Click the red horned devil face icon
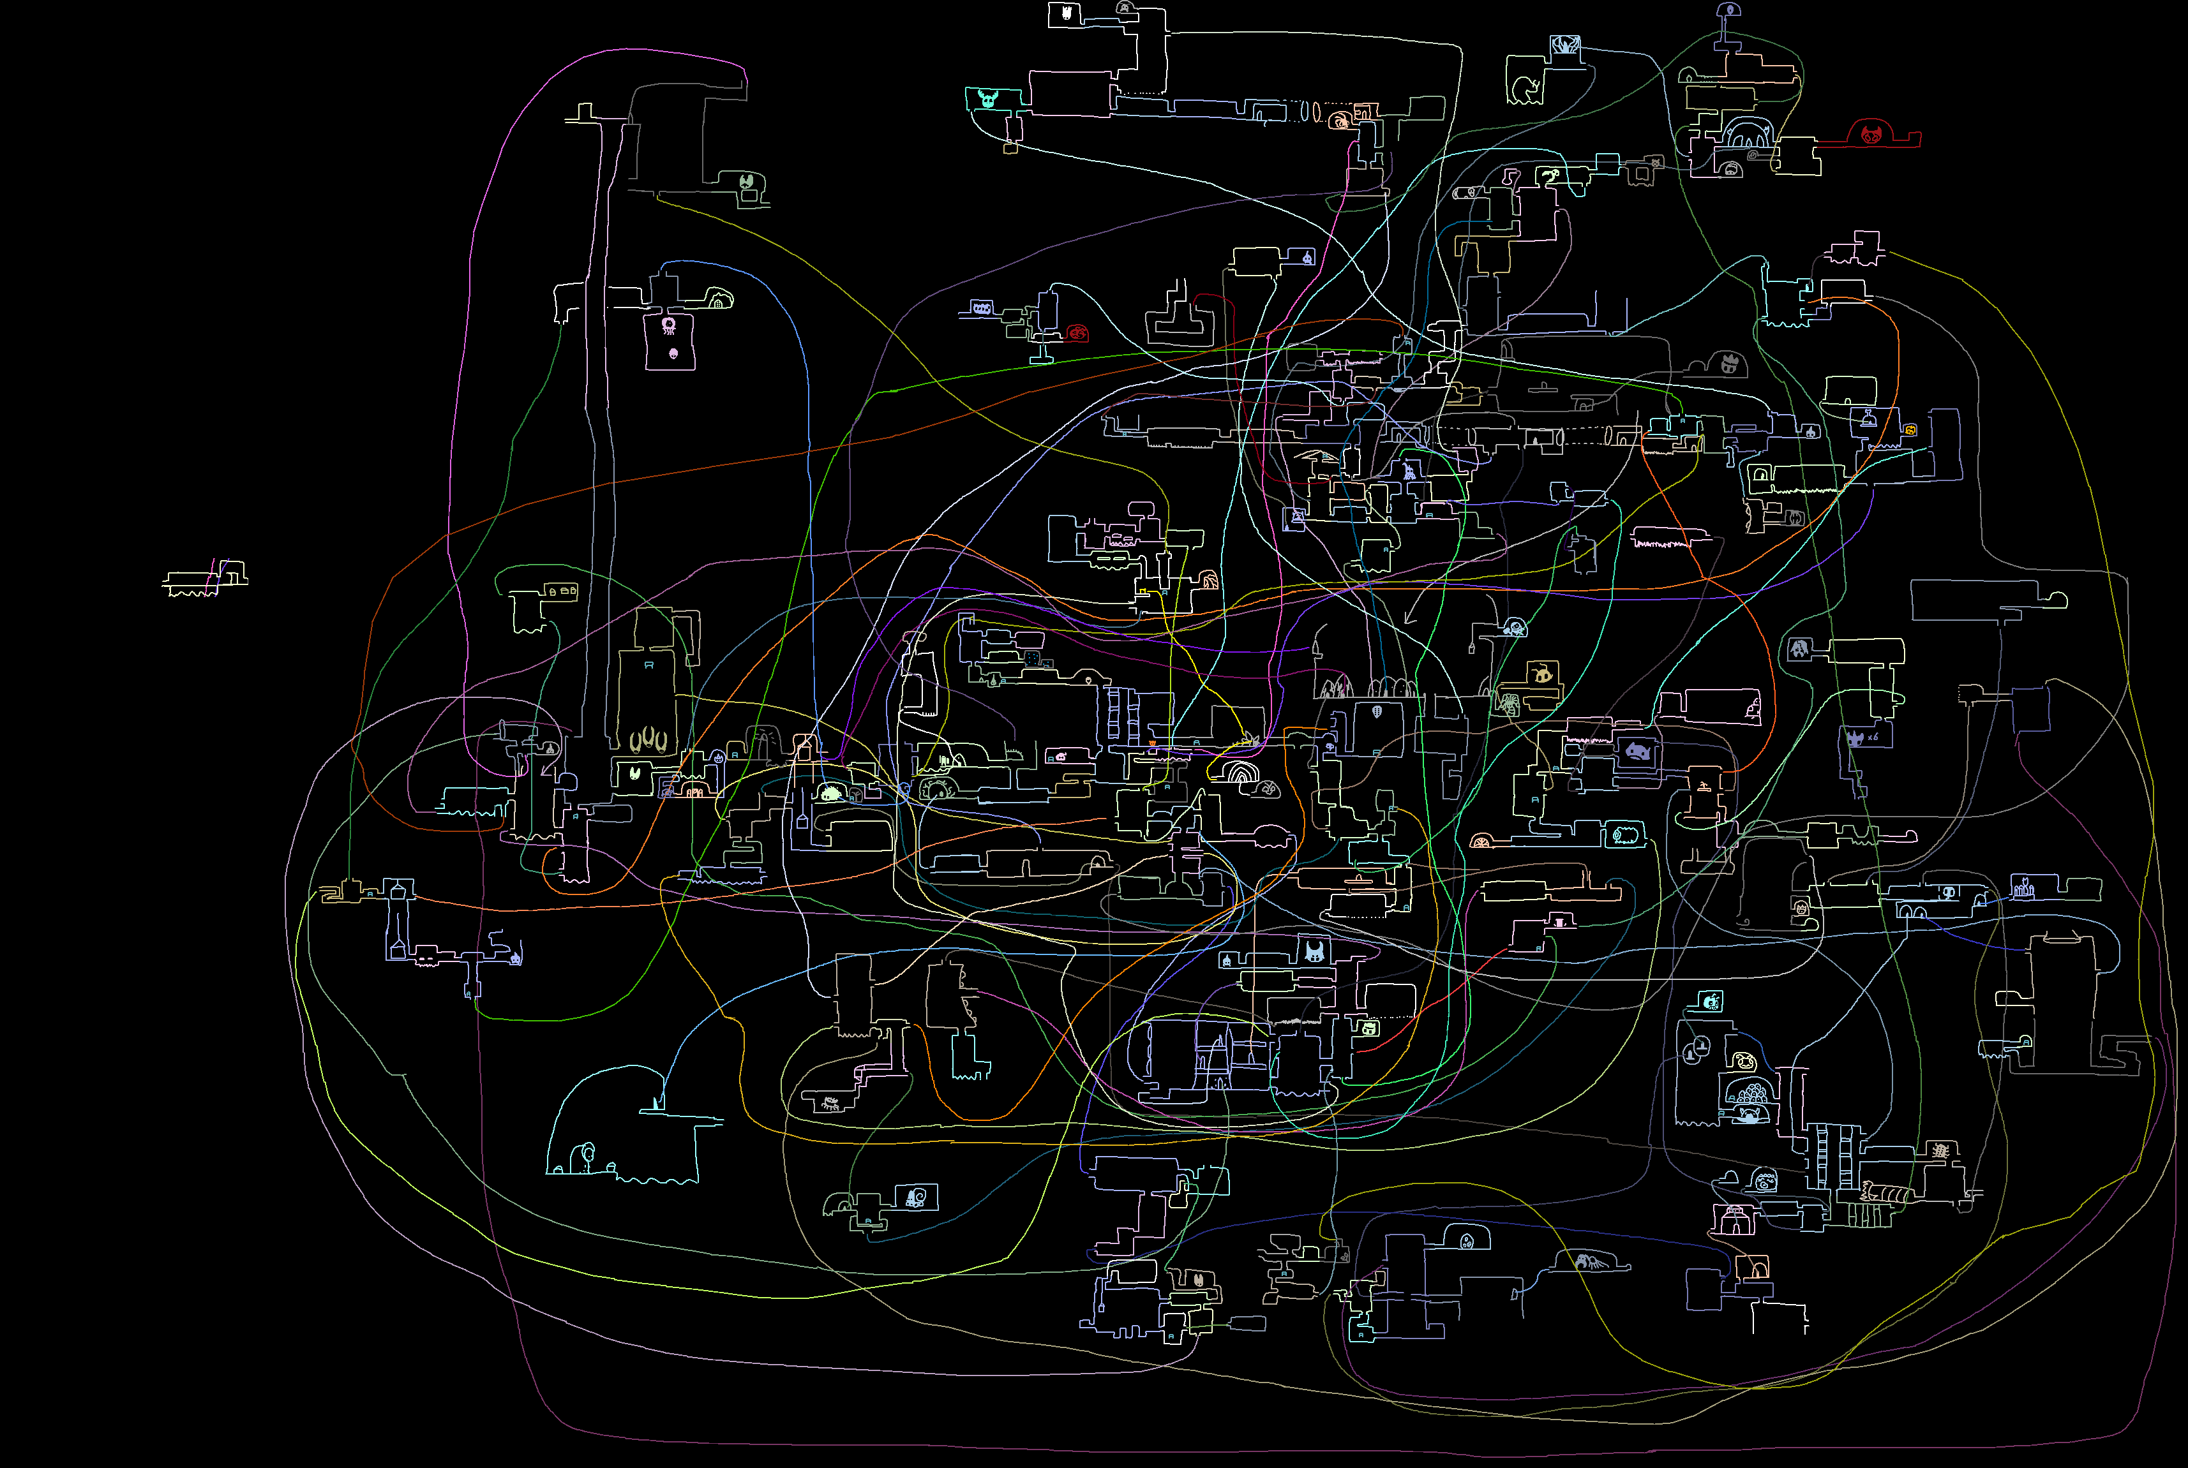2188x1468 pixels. pos(1871,134)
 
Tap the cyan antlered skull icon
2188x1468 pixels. pos(988,98)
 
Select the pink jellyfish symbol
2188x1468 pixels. pos(669,326)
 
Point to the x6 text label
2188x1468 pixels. pos(1872,738)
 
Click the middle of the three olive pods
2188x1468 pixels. pos(648,741)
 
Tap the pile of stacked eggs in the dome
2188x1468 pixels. pos(1748,1093)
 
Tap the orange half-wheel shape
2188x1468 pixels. pos(1481,841)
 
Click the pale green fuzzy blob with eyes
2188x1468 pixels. pos(831,794)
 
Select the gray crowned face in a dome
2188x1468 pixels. pos(1729,363)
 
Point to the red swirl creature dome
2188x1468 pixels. pos(1078,332)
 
